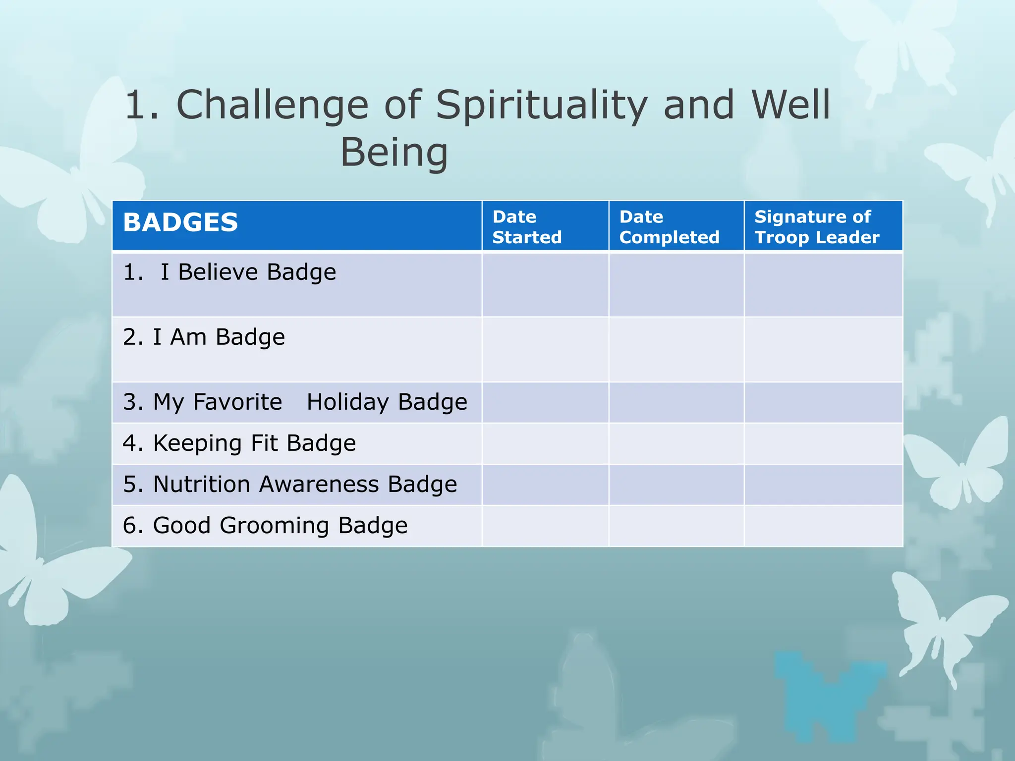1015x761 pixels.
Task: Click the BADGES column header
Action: (180, 222)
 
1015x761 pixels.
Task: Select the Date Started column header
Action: (527, 227)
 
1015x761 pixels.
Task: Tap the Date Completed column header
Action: (669, 227)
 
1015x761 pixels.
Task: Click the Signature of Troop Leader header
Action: (816, 227)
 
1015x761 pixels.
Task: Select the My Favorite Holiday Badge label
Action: (295, 402)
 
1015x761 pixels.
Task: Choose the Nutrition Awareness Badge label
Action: (290, 484)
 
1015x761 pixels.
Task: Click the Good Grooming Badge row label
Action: (265, 525)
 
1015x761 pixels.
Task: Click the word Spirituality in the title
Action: (541, 105)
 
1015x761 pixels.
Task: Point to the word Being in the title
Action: (394, 153)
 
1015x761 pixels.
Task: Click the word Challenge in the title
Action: (272, 105)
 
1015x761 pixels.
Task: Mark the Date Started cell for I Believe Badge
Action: (545, 284)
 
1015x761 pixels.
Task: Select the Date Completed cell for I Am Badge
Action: (676, 349)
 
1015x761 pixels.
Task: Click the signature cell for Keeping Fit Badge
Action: (823, 443)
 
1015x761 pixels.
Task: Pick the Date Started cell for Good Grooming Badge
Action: (545, 526)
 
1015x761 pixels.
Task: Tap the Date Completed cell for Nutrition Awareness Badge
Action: (676, 485)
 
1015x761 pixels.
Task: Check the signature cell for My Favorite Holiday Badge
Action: (823, 402)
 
